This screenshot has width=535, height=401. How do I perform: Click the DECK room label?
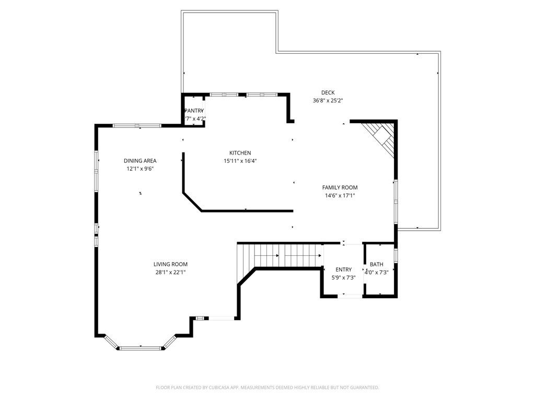(x=328, y=93)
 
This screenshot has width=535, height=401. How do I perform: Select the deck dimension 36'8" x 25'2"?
(x=328, y=100)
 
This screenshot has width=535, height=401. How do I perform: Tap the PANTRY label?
(x=194, y=111)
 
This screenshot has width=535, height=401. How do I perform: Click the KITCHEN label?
(x=240, y=153)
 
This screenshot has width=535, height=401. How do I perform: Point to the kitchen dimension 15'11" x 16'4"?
(x=240, y=161)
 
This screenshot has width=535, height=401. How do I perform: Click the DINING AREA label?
(x=139, y=161)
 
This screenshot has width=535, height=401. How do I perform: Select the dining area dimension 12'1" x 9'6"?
(x=139, y=169)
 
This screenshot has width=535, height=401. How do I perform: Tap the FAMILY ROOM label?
(x=340, y=187)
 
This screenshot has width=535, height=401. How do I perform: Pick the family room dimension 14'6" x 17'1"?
(x=340, y=196)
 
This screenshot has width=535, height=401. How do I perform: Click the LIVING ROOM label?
(x=170, y=264)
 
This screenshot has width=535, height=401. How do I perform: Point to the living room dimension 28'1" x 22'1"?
(x=170, y=272)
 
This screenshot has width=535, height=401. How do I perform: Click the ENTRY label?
(x=343, y=270)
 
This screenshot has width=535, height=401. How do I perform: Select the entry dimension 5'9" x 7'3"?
(x=343, y=278)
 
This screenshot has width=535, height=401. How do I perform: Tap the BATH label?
(x=376, y=264)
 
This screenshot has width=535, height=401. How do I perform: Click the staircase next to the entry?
(x=280, y=255)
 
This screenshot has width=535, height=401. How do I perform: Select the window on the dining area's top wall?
(x=137, y=125)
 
